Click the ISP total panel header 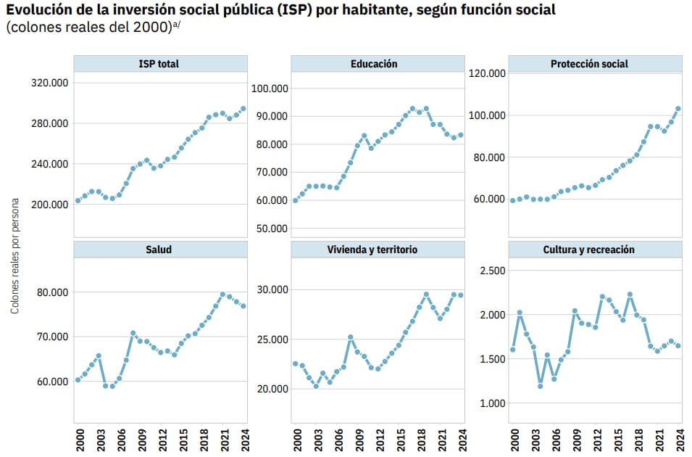pos(159,64)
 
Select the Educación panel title pos(374,64)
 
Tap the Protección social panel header pos(589,64)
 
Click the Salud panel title pos(159,250)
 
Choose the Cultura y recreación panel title pos(589,250)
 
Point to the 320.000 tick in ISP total pos(50,83)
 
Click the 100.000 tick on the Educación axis pos(270,88)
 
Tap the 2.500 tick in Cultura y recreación pos(489,271)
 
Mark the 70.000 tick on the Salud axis pos(52,337)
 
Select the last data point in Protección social pos(678,109)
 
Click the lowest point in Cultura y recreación pos(541,386)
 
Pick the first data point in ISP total pos(78,201)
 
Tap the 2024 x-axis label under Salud pos(244,440)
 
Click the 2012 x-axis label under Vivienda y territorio pos(378,440)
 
